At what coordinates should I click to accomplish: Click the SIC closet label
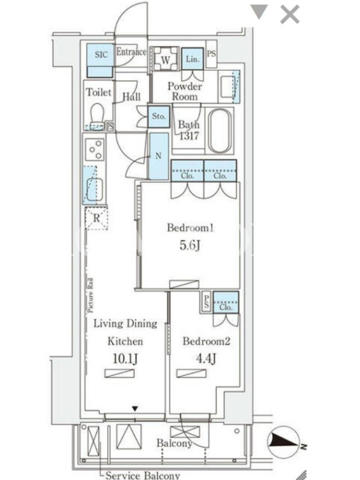point(101,55)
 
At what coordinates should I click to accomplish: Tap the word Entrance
point(131,52)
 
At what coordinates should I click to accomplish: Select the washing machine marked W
point(166,59)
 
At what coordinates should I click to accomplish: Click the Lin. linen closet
point(193,59)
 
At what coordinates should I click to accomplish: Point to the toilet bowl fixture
point(98,116)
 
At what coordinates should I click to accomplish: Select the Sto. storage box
point(158,116)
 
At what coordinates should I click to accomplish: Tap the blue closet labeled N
point(158,156)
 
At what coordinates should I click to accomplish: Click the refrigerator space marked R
point(97,218)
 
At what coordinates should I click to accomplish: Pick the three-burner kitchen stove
point(95,149)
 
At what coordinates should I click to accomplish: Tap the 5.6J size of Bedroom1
point(190,245)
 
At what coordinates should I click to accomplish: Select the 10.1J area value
point(125,358)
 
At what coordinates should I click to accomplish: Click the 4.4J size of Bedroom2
point(206,358)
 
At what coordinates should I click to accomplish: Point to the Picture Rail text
point(91,295)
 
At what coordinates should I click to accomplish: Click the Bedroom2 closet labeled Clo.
point(226,303)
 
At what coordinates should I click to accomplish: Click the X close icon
point(290,14)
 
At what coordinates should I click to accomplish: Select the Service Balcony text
point(143,475)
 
